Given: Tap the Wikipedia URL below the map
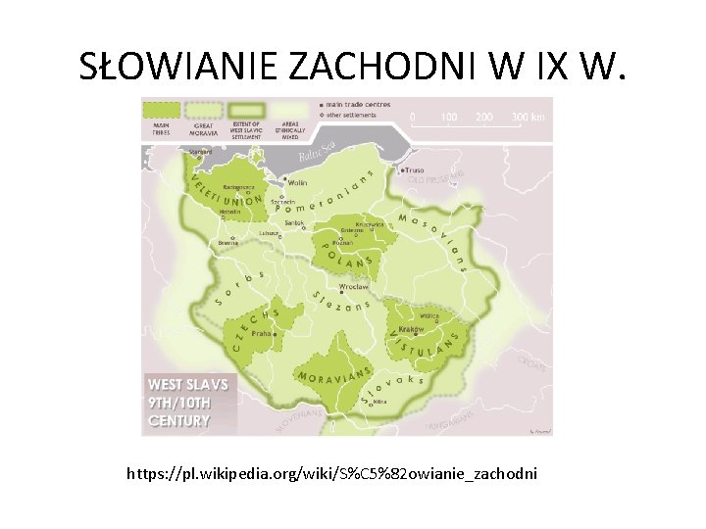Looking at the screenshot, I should coord(332,474).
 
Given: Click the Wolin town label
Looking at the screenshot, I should coord(296,183).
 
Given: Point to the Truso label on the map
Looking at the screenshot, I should coord(416,170).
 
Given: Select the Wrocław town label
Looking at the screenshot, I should coord(353,287).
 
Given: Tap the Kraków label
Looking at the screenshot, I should coord(411,330).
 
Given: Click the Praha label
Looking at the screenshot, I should coord(262,333).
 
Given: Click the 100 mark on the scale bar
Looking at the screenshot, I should coord(448,118).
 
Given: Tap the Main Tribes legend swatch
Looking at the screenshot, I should coord(161,110).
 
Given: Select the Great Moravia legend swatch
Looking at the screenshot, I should coord(203,110).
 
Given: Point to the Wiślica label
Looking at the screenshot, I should coord(429,316).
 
